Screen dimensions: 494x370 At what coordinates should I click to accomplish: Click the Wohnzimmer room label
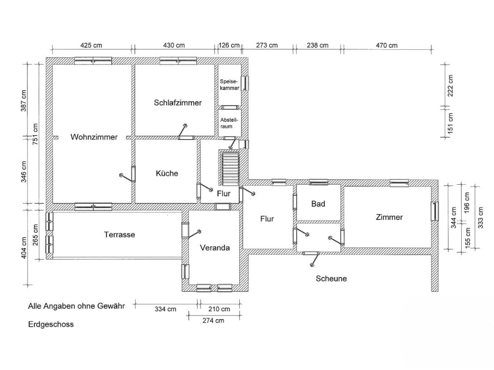94,137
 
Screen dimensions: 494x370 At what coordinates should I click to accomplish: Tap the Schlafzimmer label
178,103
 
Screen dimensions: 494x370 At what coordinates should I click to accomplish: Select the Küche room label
167,173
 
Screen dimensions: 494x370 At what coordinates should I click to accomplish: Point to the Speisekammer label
229,85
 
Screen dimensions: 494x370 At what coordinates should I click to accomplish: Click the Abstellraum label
229,123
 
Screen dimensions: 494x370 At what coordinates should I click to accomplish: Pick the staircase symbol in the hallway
229,168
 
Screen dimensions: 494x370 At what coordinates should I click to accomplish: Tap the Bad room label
318,204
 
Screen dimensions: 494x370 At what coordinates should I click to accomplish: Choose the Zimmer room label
389,217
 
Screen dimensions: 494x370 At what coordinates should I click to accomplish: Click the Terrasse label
120,234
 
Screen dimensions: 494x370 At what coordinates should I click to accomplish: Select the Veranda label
215,248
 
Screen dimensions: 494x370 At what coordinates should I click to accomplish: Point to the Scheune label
331,279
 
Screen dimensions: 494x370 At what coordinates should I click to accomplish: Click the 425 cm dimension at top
91,45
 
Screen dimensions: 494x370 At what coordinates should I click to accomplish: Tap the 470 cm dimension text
386,45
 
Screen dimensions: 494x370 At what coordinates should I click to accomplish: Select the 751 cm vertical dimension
35,134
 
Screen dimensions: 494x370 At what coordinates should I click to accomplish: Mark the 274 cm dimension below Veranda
213,320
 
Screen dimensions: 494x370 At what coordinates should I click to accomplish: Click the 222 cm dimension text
451,86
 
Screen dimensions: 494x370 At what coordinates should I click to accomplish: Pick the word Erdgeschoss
51,324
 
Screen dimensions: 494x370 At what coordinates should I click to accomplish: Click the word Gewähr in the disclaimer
111,306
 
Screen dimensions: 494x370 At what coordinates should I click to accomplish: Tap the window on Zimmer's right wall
435,211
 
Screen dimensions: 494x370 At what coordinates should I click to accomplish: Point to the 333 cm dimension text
480,218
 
